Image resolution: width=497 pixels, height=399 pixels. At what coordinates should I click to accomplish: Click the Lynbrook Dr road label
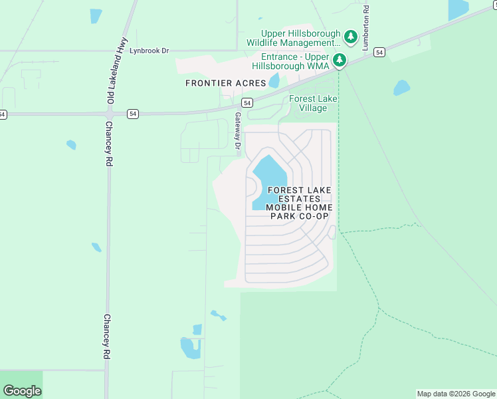coord(149,51)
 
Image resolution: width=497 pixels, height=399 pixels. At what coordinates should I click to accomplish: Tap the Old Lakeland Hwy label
coord(111,78)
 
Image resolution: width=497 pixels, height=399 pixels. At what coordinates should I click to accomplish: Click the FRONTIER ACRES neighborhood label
coord(226,83)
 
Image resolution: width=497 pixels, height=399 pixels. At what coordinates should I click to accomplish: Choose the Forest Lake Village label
coord(313,103)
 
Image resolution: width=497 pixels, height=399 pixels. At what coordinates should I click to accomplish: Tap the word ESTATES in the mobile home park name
coord(299,199)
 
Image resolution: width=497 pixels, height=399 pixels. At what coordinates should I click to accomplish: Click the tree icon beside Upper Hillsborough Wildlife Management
coord(351,35)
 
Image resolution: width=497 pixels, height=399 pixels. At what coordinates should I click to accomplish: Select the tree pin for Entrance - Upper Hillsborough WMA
coord(339,61)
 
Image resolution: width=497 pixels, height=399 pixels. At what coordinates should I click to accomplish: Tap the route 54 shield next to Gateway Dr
coord(247,102)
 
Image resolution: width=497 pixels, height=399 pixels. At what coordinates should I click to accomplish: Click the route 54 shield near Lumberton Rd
coord(379,52)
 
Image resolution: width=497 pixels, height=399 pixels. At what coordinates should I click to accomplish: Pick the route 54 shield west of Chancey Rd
coord(3,114)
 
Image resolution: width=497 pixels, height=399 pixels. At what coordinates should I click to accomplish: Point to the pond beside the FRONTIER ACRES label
coord(274,82)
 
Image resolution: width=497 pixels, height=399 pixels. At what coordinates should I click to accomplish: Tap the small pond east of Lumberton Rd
coord(401,88)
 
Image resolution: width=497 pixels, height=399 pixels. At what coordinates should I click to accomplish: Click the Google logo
coord(22,391)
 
